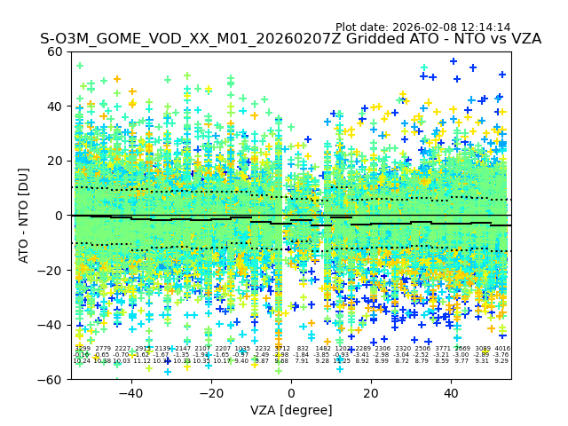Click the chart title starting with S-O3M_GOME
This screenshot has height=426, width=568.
coord(290,39)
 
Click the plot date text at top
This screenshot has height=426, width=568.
coord(422,28)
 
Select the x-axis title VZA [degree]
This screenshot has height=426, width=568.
coord(291,410)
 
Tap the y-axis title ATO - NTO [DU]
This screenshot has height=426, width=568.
coord(25,215)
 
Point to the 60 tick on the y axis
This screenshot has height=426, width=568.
coord(55,51)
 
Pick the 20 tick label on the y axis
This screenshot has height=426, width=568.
coord(55,161)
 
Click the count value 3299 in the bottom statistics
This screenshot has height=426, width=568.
coord(82,349)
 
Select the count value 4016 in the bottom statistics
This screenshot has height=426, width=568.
coord(502,349)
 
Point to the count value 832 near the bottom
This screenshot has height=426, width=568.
coord(303,349)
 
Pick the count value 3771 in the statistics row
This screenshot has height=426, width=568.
coord(442,349)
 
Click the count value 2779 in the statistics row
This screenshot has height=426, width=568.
coord(103,349)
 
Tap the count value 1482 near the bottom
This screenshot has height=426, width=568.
coord(322,349)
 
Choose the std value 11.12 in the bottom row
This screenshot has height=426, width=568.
coord(142,361)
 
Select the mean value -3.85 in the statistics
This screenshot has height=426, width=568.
coord(322,355)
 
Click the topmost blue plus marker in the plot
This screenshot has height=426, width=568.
coord(454,61)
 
